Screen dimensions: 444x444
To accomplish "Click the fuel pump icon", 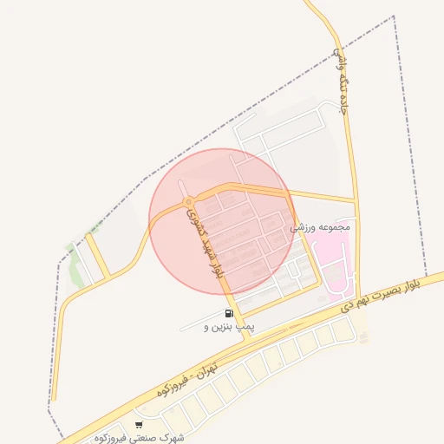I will point(228,314).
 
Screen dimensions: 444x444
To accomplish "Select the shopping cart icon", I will point(139,425).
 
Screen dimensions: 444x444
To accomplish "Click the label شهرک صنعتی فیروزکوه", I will point(140,437).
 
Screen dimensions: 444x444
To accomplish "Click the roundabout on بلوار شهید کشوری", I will point(187,202).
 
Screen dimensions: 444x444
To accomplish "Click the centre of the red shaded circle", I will point(222,222).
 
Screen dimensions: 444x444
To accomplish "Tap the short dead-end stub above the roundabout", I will point(180,186).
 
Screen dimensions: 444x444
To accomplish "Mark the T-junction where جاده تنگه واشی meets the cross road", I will point(355,200).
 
